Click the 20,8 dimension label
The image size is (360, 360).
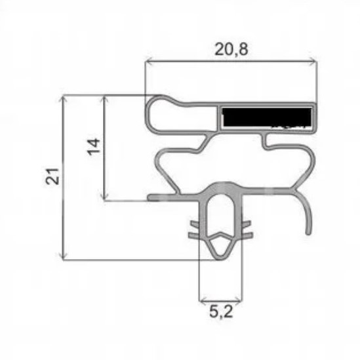231,49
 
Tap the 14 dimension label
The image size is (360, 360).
94,147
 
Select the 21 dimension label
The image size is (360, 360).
52,176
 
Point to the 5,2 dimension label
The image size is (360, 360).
221,311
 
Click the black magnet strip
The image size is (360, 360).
267,117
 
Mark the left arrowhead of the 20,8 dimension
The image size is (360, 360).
149,61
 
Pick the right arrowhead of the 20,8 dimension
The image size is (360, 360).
313,61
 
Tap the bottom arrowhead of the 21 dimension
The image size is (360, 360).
63,256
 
